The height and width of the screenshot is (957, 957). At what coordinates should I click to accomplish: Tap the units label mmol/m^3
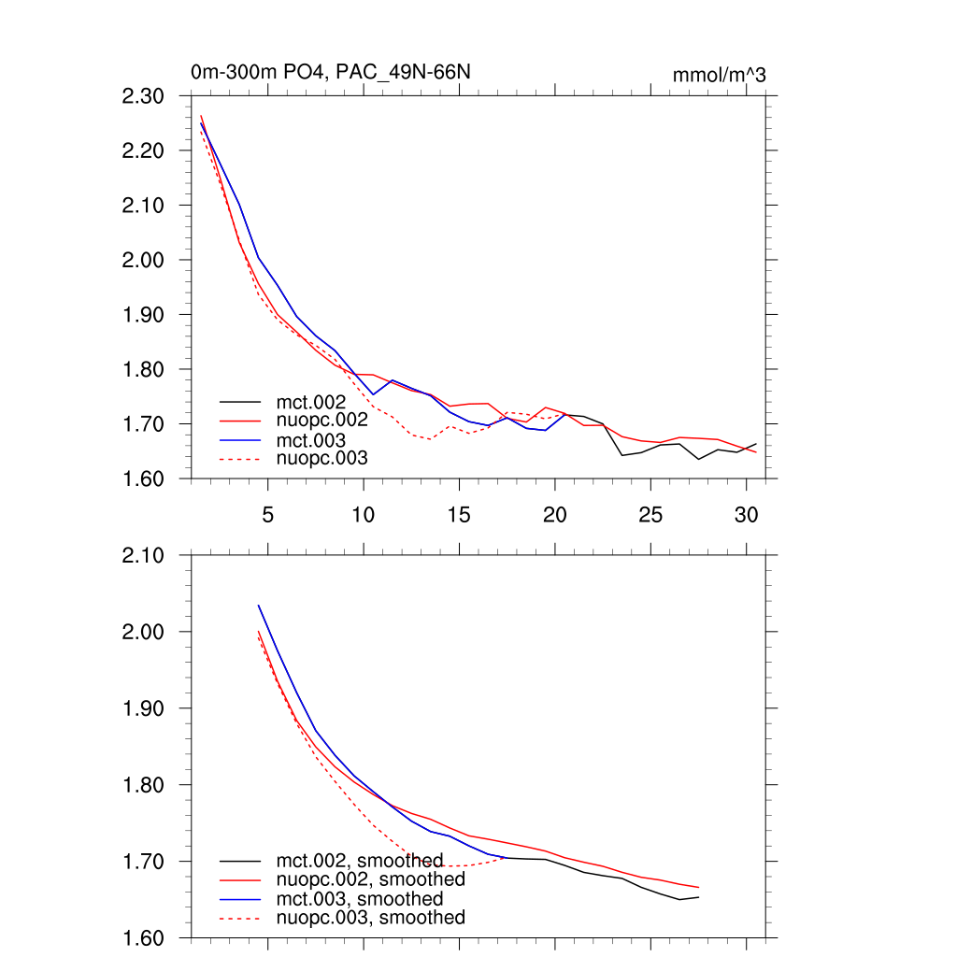[719, 76]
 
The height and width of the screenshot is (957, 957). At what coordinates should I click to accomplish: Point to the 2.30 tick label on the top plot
[143, 96]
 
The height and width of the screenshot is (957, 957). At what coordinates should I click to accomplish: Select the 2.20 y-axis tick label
[143, 150]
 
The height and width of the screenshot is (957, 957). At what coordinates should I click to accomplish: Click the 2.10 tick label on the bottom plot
[143, 555]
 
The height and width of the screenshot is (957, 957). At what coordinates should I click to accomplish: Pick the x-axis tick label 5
[268, 514]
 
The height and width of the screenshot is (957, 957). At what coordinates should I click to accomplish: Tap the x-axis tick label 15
[458, 514]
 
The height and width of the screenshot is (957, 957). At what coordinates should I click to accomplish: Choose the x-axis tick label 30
[745, 514]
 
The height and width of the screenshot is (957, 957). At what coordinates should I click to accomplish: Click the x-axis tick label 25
[650, 514]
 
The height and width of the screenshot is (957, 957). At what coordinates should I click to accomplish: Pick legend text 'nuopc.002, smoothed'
[370, 879]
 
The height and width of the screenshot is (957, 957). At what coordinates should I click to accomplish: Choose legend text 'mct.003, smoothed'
[359, 898]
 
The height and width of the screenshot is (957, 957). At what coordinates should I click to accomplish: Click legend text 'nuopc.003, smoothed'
[370, 918]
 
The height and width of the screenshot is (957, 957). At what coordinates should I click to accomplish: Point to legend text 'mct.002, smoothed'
[359, 860]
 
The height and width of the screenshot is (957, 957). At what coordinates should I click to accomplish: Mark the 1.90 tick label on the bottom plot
[143, 708]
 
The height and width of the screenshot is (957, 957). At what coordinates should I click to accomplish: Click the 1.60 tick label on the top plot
[143, 478]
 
